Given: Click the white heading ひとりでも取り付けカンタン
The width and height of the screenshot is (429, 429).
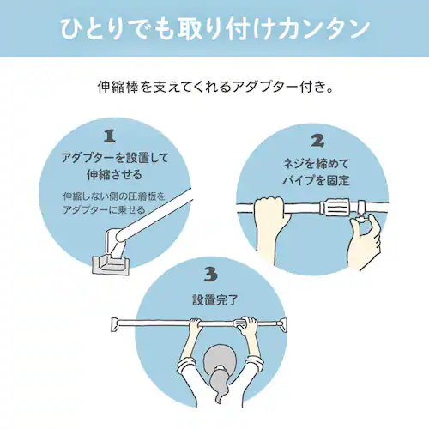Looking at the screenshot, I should point(214,27).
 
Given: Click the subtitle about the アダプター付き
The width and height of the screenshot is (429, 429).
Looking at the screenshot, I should point(214,88).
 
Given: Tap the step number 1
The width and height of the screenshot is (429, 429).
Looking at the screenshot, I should point(108,136).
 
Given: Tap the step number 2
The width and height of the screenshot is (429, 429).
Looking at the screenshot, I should point(317,141).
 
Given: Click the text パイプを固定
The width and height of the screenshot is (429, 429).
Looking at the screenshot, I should point(317,179).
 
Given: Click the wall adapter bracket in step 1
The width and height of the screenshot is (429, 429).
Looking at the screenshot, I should point(110,262).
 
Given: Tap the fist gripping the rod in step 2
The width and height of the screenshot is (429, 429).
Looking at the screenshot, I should point(272,210).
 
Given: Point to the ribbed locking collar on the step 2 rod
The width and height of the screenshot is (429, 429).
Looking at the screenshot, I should point(335,208).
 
